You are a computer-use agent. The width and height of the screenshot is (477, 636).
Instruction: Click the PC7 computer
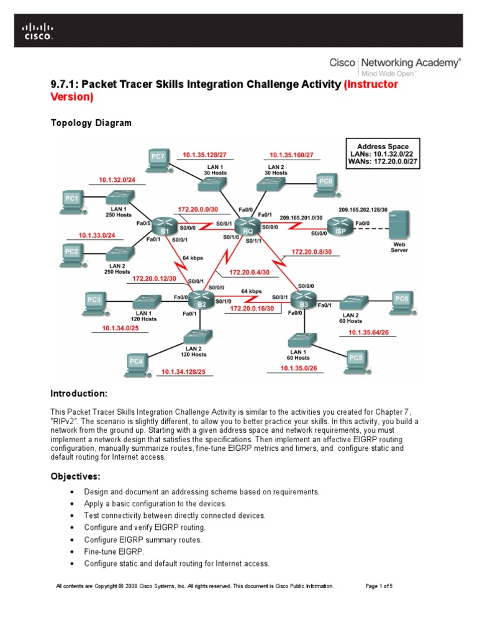(x=158, y=158)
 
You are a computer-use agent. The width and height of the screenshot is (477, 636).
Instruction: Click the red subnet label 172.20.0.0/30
(x=197, y=210)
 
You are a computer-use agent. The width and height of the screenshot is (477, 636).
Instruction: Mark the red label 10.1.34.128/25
(x=183, y=372)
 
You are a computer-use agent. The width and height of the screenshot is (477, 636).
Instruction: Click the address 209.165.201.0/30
(x=301, y=218)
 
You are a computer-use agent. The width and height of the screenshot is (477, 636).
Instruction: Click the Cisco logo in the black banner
(x=39, y=31)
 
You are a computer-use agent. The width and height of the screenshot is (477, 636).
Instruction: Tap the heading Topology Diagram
(x=91, y=123)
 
